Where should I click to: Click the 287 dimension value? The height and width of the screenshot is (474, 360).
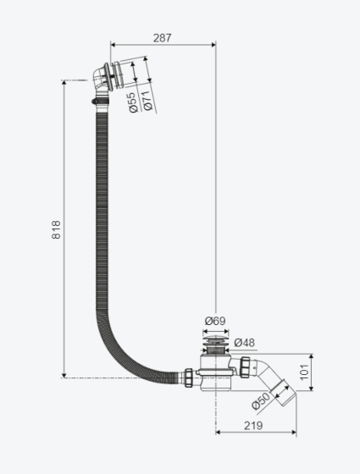coord(162,38)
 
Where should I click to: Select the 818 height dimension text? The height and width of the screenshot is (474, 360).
coord(56,229)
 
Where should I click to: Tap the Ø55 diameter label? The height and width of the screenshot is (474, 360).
coord(133,102)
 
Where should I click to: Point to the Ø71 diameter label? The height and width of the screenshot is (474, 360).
coord(147,101)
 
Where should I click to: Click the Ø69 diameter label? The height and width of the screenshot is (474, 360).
coord(215,321)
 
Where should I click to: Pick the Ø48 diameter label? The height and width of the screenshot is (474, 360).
coord(245,343)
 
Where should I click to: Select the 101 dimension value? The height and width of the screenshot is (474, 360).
coord(305,372)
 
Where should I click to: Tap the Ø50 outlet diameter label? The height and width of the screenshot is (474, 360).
coord(261,400)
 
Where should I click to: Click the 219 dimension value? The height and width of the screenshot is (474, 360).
coord(253,426)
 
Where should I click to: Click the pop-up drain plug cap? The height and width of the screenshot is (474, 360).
coord(215,339)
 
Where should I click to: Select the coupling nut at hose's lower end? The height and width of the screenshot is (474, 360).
coord(189,378)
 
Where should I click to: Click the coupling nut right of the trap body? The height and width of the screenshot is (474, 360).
coord(245,367)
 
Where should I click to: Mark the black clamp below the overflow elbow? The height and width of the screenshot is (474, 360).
coord(100,101)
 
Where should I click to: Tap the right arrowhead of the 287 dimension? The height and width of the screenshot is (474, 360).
coord(213,45)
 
